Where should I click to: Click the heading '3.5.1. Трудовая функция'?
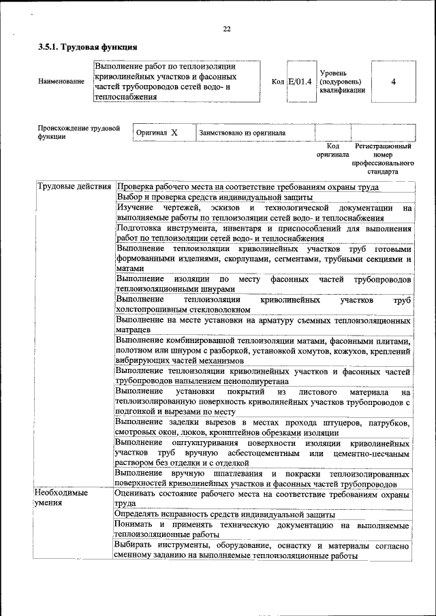[88, 48]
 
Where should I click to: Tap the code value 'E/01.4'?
[300, 82]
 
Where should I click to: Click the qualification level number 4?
[393, 82]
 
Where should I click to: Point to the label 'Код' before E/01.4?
[278, 82]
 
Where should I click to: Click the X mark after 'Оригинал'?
[174, 133]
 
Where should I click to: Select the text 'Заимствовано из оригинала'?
[242, 133]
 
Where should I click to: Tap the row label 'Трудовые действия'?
[75, 187]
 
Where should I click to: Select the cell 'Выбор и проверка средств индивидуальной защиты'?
[214, 197]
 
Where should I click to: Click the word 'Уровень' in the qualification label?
[334, 72]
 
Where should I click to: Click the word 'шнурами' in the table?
[206, 288]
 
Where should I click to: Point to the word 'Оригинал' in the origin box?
[152, 133]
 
